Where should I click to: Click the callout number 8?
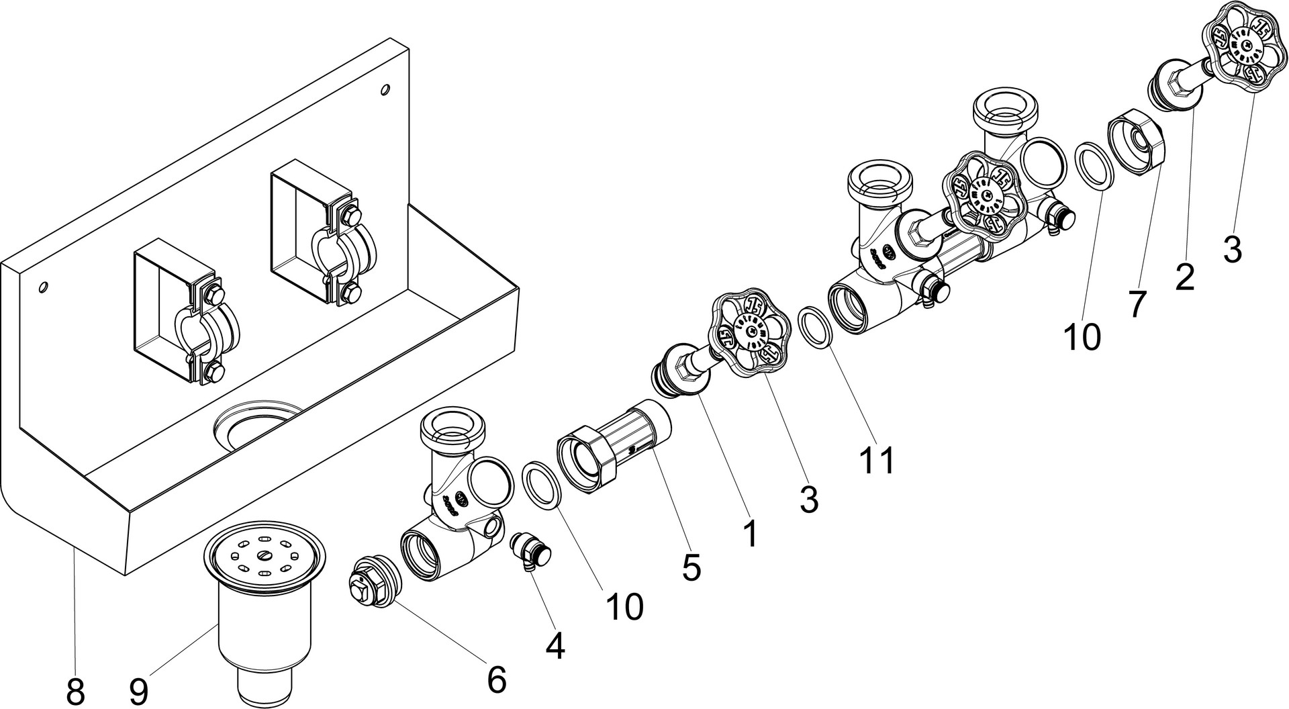click(x=76, y=692)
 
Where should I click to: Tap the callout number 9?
click(x=138, y=692)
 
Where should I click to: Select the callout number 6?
click(x=495, y=679)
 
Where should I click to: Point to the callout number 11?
click(x=878, y=461)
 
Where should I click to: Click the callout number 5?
click(x=691, y=567)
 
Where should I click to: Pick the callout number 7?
click(x=1136, y=303)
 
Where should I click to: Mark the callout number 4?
click(x=555, y=646)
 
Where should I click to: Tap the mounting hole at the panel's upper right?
click(x=385, y=89)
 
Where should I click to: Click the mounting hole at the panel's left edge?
click(x=43, y=287)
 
